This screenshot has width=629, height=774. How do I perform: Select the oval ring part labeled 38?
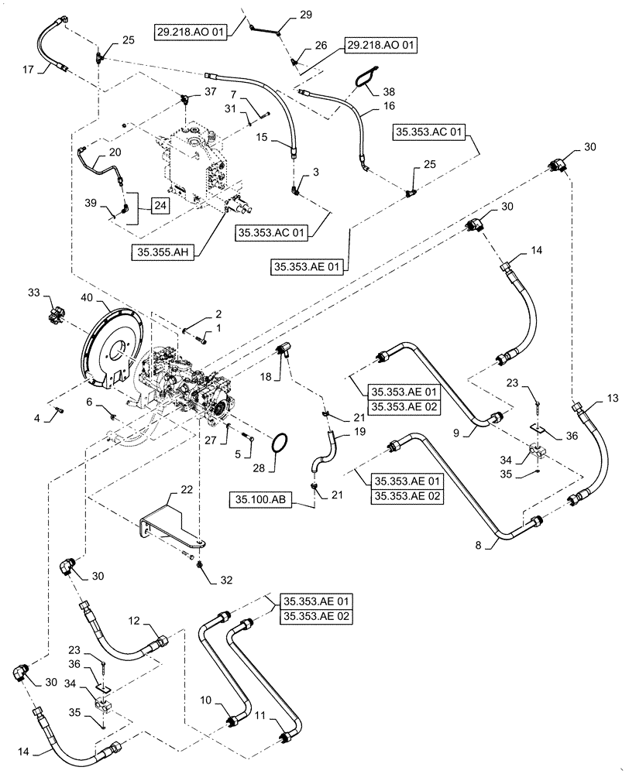[x=365, y=77]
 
